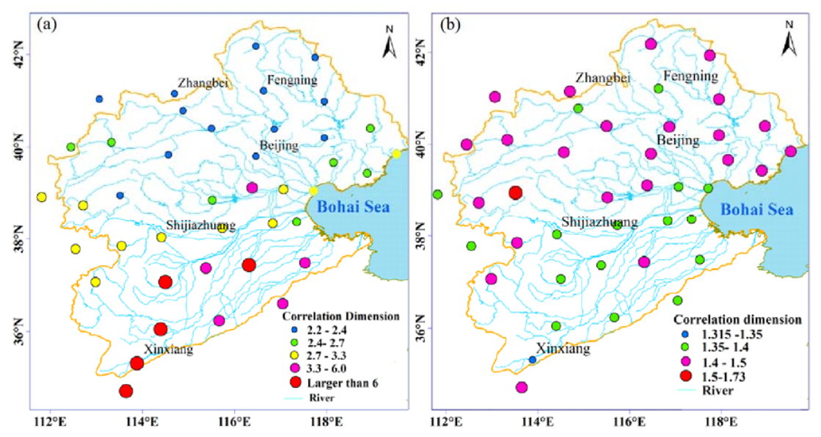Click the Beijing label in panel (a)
(x=277, y=145)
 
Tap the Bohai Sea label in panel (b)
(x=756, y=209)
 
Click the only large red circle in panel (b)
(x=516, y=192)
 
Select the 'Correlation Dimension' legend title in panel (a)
(x=340, y=317)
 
